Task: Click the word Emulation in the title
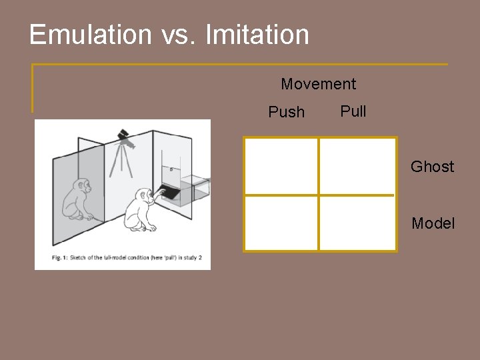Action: pos(90,35)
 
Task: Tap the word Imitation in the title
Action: pos(257,35)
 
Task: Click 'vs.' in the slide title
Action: pos(179,35)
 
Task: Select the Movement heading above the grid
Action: pos(318,84)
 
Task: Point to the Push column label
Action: pos(286,112)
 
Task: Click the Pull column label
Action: pos(353,111)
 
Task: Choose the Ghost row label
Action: pos(432,167)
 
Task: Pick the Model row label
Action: pos(433,223)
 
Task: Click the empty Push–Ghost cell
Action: pos(281,166)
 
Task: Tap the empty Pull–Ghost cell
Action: pos(358,166)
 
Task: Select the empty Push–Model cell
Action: pos(281,223)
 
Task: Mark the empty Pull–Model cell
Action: pos(358,223)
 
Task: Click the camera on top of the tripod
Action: pos(124,138)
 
